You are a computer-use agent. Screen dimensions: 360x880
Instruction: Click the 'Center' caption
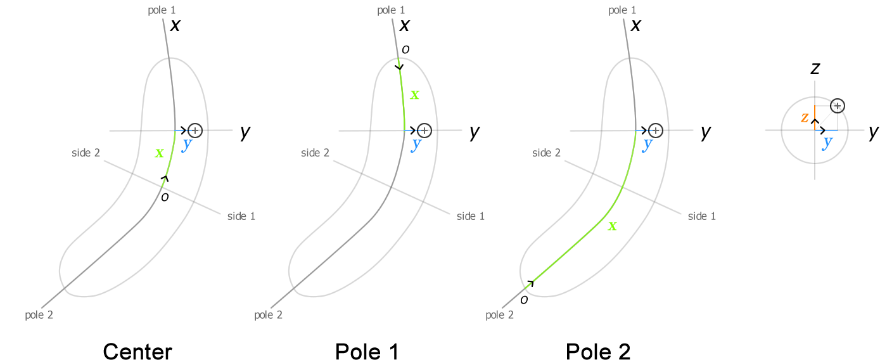point(137,351)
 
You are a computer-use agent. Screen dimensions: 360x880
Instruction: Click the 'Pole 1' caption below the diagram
point(367,351)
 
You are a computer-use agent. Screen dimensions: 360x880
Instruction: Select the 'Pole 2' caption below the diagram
point(598,351)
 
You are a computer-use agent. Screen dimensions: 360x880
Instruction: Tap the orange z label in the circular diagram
point(805,117)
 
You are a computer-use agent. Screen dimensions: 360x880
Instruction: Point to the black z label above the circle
point(815,68)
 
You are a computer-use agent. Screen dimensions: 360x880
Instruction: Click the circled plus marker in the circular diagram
point(838,106)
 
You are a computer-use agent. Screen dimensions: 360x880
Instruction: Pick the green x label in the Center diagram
point(159,153)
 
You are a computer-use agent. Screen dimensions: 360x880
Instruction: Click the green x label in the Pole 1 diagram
point(414,94)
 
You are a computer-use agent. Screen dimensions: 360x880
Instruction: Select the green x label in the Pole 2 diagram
point(612,225)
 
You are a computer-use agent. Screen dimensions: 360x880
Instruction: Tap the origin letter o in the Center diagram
point(165,197)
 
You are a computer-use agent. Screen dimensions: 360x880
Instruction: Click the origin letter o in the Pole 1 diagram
point(405,49)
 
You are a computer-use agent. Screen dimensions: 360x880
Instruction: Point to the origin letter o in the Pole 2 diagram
point(524,299)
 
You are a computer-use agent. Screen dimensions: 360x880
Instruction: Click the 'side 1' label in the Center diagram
point(241,216)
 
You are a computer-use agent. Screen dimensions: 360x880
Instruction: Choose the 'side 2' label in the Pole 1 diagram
point(315,153)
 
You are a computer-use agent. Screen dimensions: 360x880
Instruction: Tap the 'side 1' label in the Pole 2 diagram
point(702,216)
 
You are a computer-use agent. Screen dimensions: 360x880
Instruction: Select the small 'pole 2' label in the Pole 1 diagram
point(268,315)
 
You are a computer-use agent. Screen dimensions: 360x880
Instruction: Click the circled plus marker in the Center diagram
point(195,131)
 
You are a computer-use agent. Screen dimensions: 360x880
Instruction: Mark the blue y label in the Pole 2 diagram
point(647,144)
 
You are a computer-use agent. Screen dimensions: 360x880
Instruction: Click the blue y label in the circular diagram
point(827,141)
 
